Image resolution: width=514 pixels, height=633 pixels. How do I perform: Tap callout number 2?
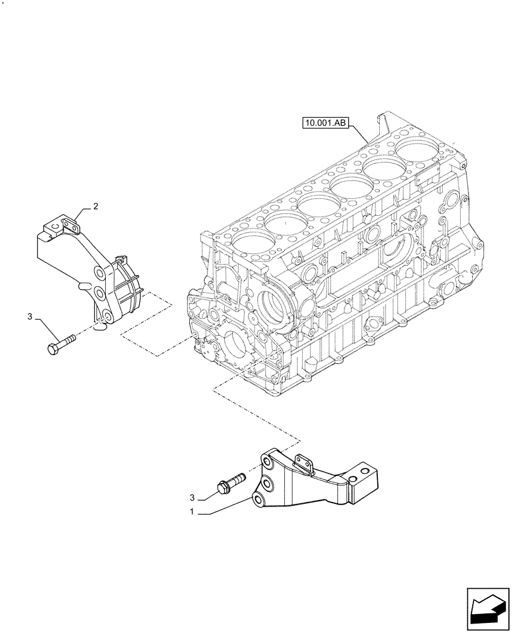coord(96,206)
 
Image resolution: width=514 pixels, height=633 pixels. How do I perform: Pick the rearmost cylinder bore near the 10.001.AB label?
coord(417,152)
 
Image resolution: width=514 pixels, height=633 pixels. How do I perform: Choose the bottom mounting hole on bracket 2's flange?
coord(107,316)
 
